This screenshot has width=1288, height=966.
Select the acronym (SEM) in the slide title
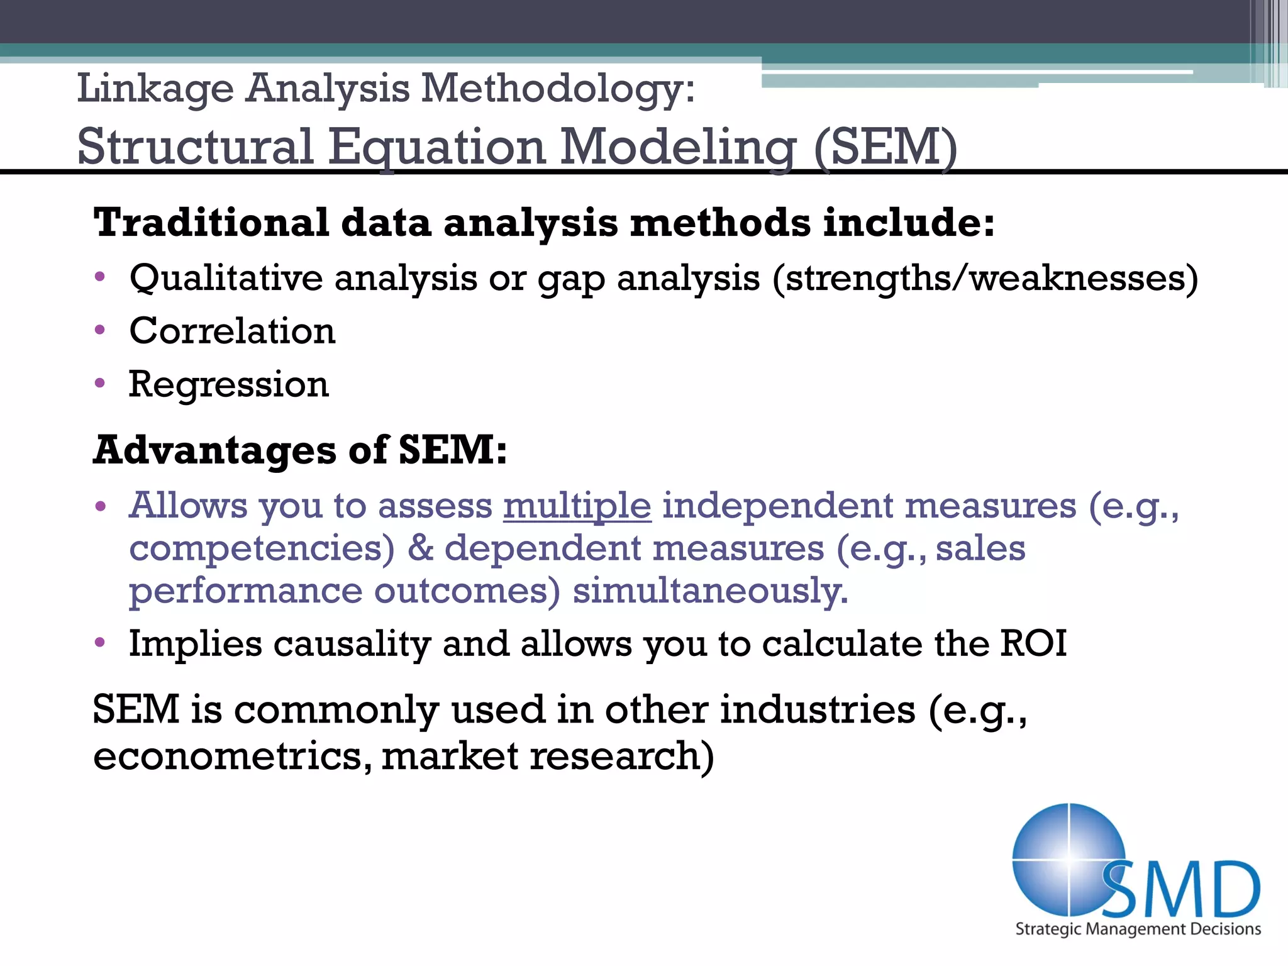885,147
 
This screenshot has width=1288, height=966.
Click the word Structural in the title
195,147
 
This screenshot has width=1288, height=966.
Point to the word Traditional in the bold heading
211,223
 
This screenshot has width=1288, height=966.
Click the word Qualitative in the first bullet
226,278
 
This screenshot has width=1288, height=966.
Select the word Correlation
232,331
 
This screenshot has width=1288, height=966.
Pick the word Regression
229,384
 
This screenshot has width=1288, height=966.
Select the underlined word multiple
577,506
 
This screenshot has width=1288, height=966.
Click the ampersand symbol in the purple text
420,548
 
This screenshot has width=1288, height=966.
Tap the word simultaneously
710,591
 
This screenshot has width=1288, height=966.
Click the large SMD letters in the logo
1182,889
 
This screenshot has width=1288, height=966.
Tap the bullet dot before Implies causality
100,643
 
